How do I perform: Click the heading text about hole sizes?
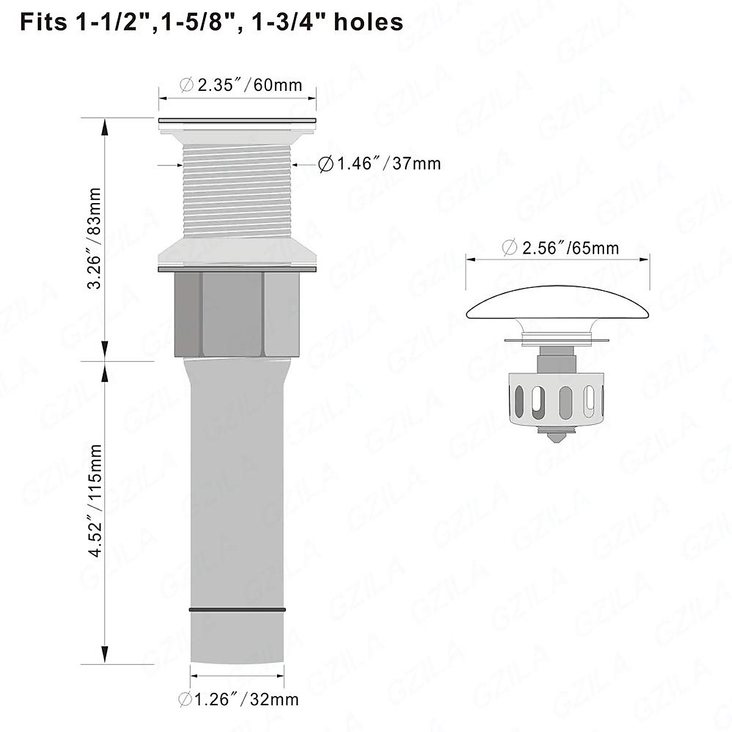[x=212, y=22]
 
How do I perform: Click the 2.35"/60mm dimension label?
[x=241, y=85]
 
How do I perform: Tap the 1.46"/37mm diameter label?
[x=379, y=164]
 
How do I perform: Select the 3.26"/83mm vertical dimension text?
[x=94, y=238]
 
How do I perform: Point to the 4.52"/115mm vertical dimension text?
[x=95, y=501]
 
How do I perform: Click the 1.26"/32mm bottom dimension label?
[x=239, y=699]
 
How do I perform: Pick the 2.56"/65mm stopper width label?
[x=561, y=248]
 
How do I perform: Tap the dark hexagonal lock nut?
[x=237, y=315]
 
